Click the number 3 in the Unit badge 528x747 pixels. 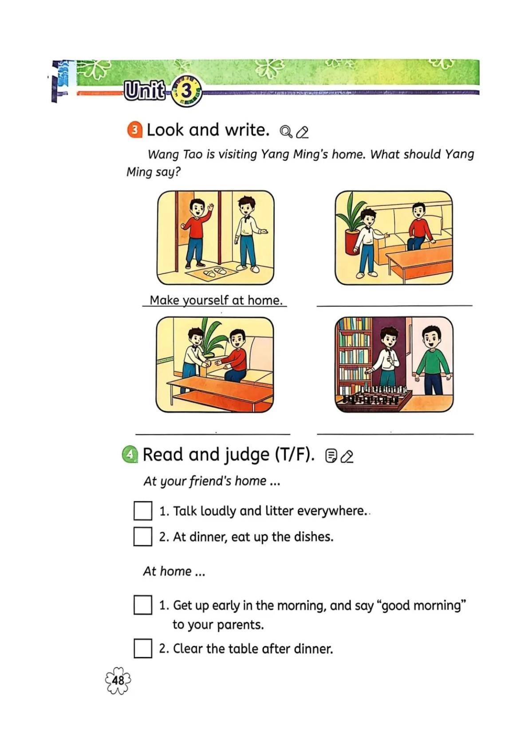coord(187,91)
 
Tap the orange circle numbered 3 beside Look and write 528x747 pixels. coord(135,130)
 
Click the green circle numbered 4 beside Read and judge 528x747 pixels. coord(130,455)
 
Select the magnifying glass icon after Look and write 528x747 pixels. coord(286,132)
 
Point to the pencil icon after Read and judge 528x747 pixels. coord(348,457)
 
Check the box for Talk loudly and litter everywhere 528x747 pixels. coord(143,510)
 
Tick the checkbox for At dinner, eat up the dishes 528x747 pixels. coord(143,536)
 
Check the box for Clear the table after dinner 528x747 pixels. coord(143,648)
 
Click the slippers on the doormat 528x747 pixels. coord(215,272)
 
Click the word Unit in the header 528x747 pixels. coord(144,91)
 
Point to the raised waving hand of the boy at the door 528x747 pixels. coord(209,209)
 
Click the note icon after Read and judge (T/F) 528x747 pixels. coord(331,457)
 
